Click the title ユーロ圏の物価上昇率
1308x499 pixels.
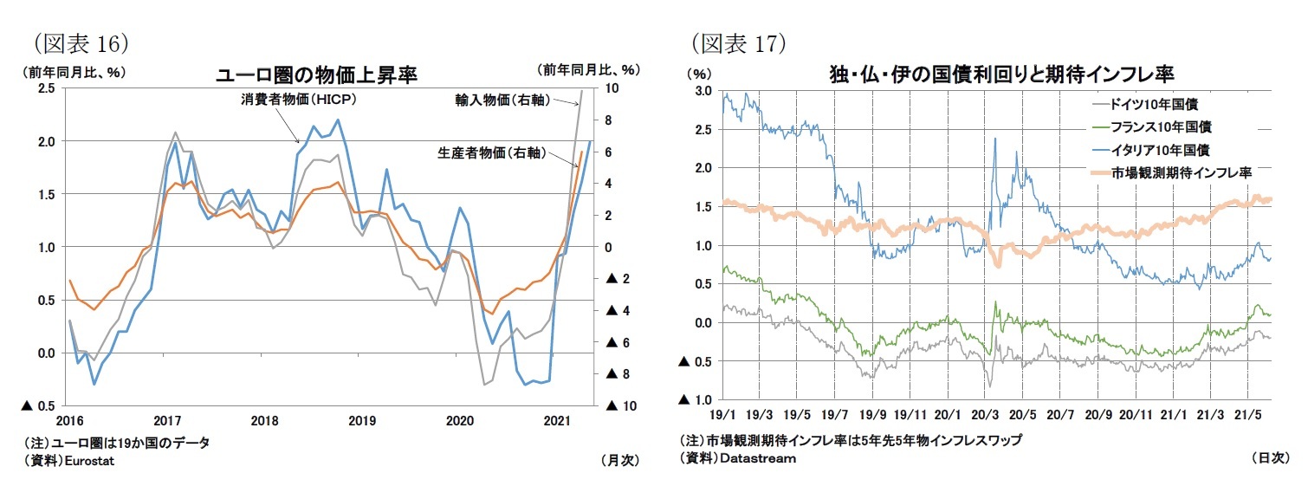click(x=316, y=75)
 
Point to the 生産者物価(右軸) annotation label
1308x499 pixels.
click(x=491, y=153)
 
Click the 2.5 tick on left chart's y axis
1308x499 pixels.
click(x=48, y=88)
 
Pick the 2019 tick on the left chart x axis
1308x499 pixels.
click(x=362, y=421)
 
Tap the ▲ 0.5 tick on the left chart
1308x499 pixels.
click(x=39, y=406)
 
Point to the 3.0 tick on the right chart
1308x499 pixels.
click(x=703, y=91)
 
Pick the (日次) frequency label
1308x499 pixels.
click(x=1270, y=457)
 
